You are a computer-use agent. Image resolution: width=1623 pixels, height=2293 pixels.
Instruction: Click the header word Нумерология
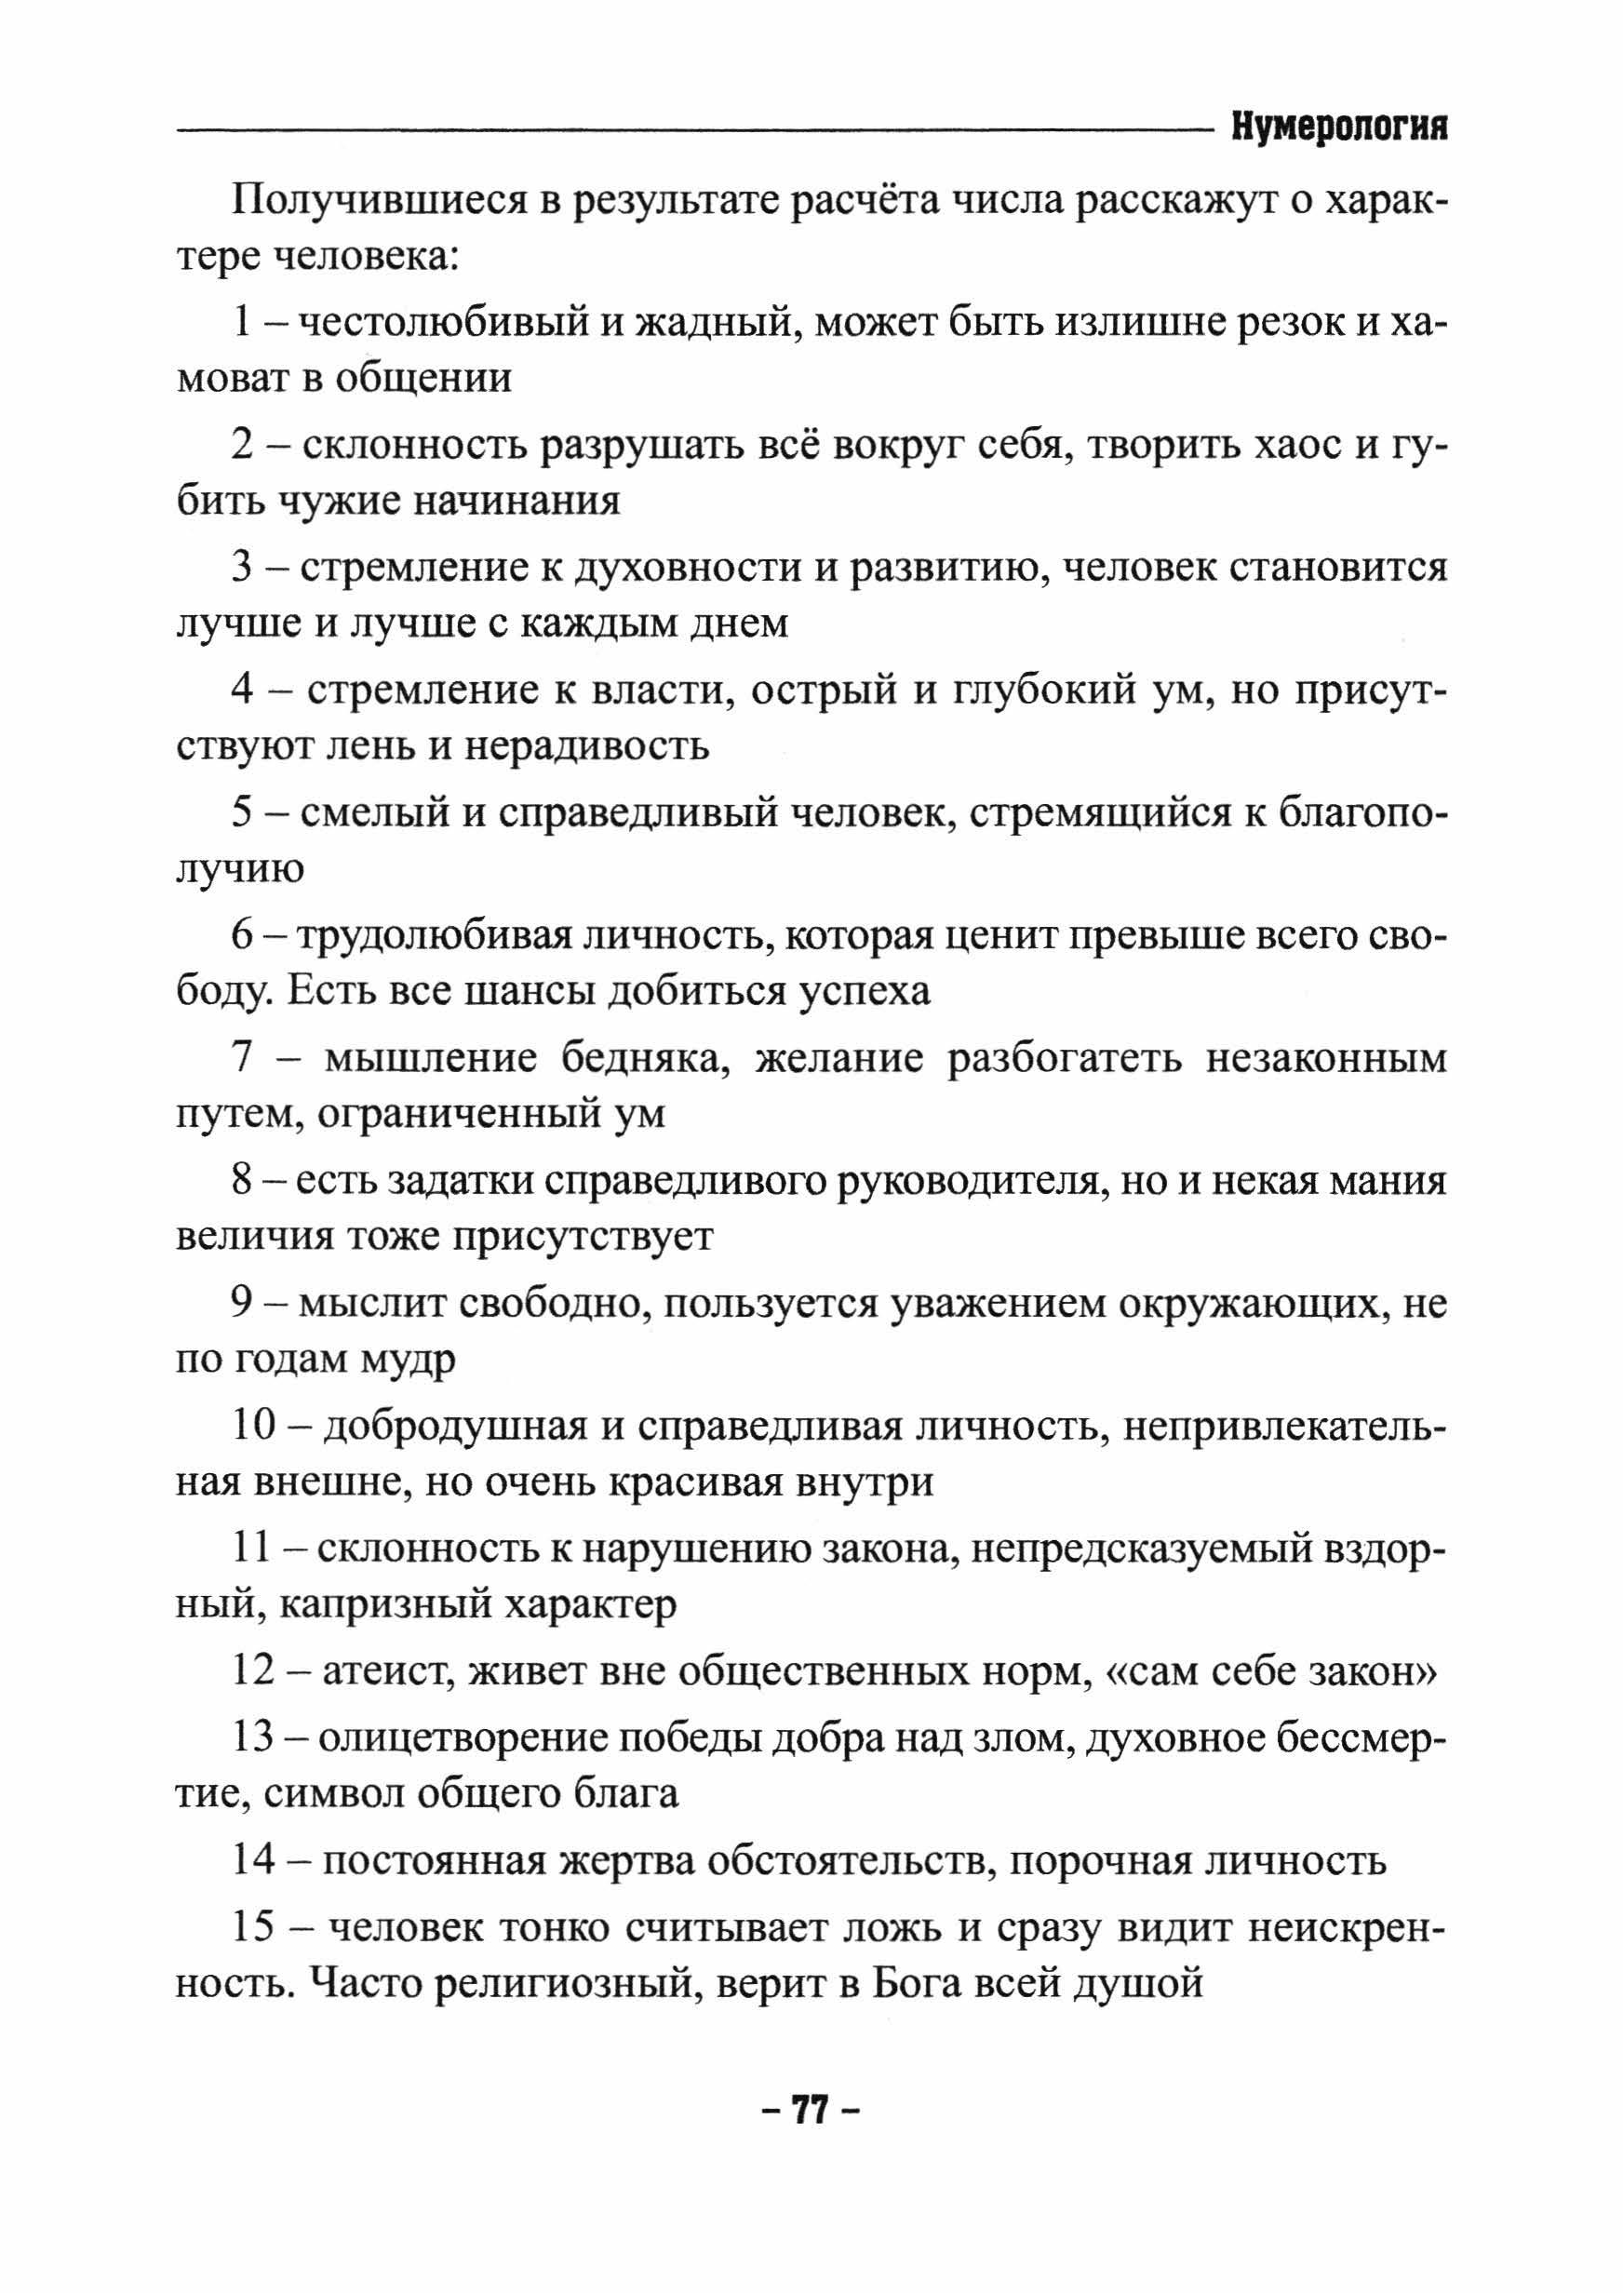[x=1338, y=127]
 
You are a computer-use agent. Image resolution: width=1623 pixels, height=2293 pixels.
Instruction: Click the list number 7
[x=243, y=1058]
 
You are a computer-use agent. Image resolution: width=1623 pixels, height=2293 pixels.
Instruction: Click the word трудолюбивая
[x=434, y=936]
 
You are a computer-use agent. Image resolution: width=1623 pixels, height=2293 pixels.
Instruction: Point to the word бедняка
[x=639, y=1058]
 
